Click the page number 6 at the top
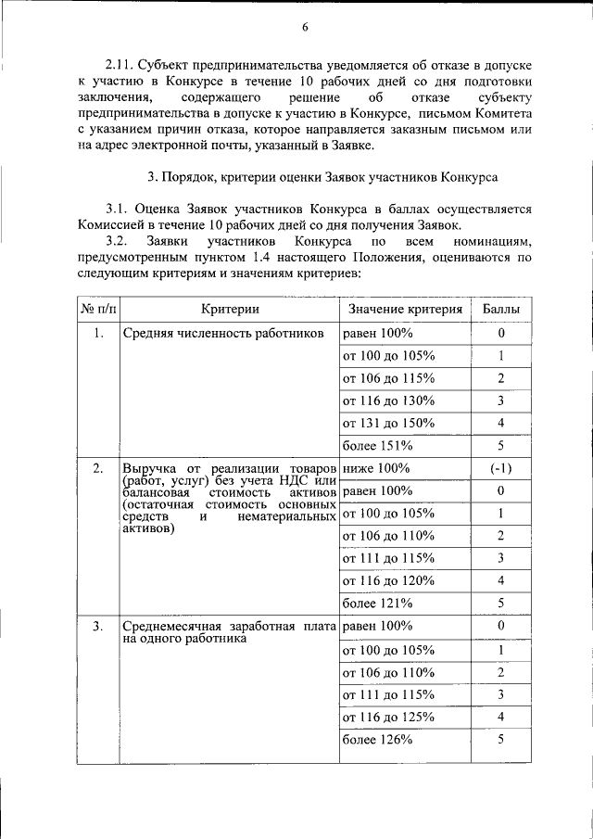[304, 27]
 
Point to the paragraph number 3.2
[121, 241]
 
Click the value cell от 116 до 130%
[388, 400]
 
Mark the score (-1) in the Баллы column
[501, 468]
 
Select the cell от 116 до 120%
[388, 580]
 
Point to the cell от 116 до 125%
[388, 717]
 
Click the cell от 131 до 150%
[388, 423]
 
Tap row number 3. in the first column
[97, 627]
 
